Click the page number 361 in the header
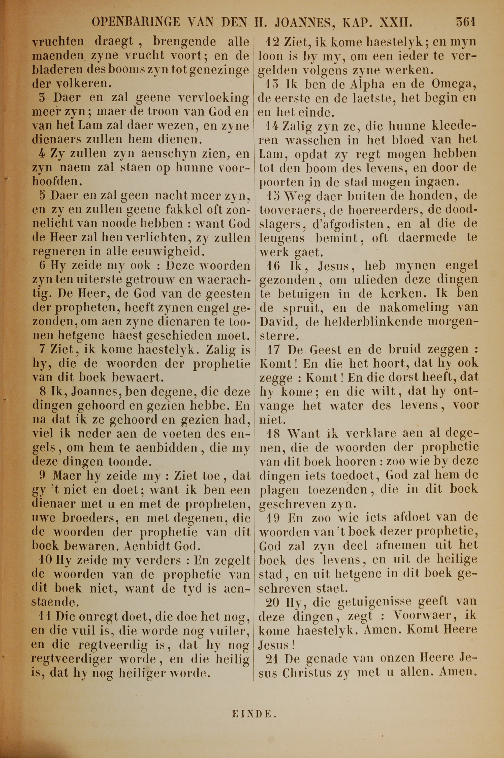pos(465,22)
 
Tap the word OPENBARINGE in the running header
pos(136,22)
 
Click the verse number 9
pos(42,476)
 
